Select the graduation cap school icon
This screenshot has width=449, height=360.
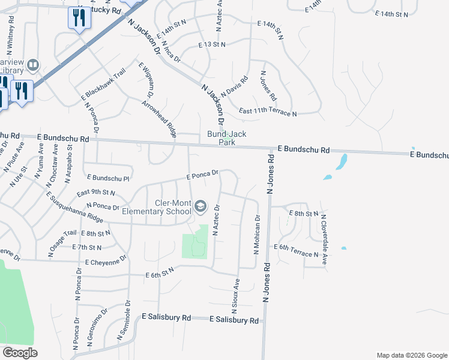click(x=200, y=207)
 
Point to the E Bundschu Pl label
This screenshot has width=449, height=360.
click(x=108, y=178)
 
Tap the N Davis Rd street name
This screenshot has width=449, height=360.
click(x=234, y=88)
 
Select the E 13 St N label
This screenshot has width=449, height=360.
click(x=212, y=44)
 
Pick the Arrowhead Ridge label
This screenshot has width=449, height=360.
click(x=158, y=119)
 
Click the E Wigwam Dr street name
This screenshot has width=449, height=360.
click(x=146, y=82)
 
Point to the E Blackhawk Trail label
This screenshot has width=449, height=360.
click(x=103, y=84)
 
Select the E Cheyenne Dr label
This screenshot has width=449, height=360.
click(x=106, y=262)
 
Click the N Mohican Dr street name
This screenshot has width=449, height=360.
click(x=256, y=235)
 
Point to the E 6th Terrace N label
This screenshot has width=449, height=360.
click(x=296, y=250)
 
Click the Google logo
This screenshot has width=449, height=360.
click(x=20, y=353)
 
